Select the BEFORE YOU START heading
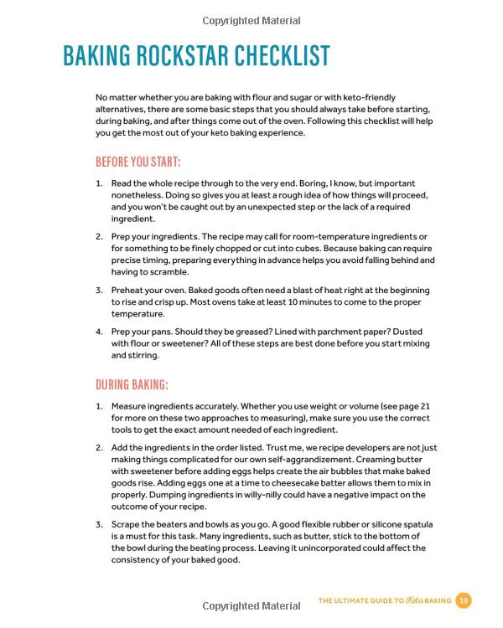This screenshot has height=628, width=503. pyautogui.click(x=137, y=162)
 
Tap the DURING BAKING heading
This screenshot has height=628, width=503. pyautogui.click(x=132, y=385)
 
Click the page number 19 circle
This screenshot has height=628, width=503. pyautogui.click(x=464, y=600)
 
